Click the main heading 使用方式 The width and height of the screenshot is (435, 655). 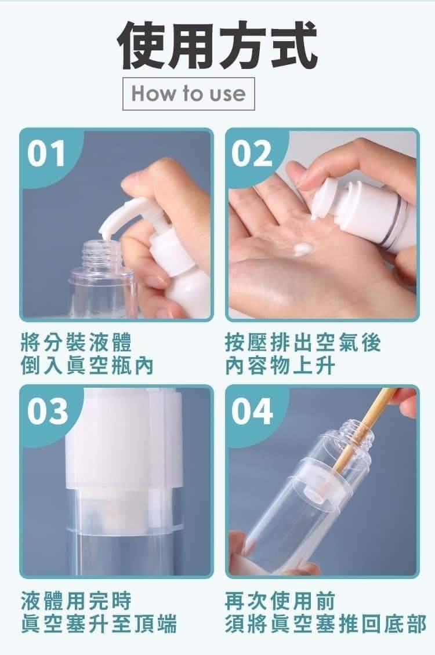tap(217, 46)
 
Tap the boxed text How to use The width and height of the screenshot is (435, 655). tap(188, 93)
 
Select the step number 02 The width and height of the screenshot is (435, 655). tap(252, 153)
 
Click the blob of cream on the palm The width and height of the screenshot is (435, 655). tap(302, 249)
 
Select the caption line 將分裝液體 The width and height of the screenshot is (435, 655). tap(77, 343)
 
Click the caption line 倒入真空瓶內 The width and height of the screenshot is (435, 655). tap(88, 366)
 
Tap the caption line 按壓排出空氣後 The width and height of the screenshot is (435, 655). tap(303, 343)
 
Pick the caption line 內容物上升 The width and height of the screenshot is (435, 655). tap(280, 366)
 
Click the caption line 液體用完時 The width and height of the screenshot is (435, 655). tap(77, 601)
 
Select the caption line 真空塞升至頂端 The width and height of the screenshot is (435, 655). tap(99, 624)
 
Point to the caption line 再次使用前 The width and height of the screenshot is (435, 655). tap(280, 601)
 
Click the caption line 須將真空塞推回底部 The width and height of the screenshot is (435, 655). tap(325, 624)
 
